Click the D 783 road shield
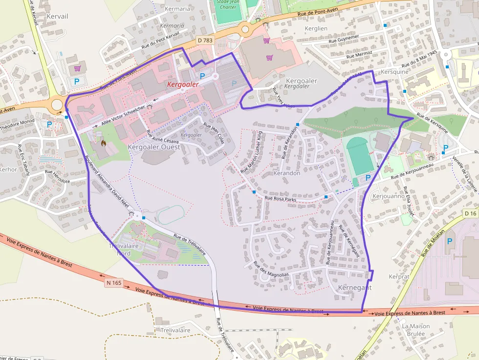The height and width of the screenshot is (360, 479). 205,40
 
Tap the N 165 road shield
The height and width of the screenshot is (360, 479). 113,282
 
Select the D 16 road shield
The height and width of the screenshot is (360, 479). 471,213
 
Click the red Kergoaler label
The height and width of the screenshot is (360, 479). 183,85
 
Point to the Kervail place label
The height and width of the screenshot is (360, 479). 57,16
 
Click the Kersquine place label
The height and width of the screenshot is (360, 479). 394,72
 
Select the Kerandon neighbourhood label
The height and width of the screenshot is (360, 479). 287,173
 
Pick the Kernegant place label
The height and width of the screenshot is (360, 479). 355,288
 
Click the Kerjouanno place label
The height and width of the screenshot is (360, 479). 389,196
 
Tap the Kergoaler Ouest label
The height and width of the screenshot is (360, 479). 154,147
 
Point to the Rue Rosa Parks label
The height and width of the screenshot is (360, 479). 281,198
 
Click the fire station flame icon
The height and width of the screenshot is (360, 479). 103,143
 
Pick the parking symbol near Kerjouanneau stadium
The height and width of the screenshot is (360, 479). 368,178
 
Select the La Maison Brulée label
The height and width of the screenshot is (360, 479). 416,330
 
